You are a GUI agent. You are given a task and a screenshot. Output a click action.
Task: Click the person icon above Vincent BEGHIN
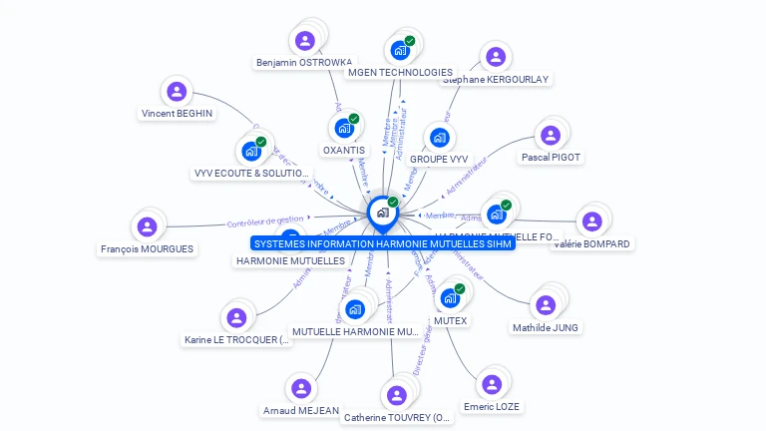(177, 92)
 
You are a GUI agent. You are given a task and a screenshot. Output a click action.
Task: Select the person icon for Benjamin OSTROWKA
(305, 41)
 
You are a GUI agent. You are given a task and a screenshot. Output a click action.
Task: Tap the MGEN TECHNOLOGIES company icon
(400, 50)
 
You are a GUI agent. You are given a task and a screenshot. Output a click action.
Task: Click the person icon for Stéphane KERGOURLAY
(495, 57)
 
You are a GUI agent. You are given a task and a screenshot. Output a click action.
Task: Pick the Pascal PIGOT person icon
(550, 135)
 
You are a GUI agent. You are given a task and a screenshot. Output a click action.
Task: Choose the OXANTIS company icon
(344, 128)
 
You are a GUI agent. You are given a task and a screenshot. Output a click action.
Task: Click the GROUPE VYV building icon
(439, 137)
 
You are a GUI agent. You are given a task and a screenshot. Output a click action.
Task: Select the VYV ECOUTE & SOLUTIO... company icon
(251, 152)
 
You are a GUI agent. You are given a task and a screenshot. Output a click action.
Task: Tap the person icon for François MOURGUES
(147, 226)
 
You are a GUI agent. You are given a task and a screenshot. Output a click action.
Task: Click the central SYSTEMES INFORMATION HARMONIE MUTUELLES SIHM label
(383, 243)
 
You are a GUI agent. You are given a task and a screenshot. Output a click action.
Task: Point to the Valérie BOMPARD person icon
(591, 221)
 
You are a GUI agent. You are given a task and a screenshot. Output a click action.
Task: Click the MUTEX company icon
(450, 298)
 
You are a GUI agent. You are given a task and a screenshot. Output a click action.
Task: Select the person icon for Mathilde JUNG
(545, 305)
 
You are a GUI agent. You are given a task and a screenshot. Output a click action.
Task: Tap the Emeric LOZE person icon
(491, 384)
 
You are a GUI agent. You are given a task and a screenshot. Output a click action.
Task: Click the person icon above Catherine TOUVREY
(397, 395)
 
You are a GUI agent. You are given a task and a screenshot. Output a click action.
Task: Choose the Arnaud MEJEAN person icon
(300, 388)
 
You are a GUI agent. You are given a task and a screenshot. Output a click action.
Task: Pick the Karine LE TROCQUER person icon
(236, 317)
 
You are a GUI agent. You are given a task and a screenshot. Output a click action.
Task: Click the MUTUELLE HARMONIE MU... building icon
(355, 309)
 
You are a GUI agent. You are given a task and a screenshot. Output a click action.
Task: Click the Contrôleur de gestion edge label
(265, 220)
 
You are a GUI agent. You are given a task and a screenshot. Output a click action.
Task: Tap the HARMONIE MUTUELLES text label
(290, 261)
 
